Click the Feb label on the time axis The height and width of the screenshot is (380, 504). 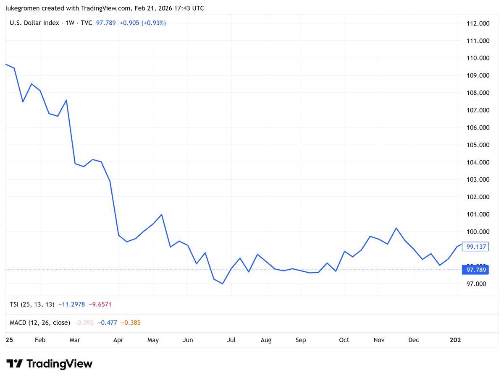40,340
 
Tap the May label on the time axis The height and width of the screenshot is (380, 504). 153,340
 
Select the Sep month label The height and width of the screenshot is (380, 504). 301,340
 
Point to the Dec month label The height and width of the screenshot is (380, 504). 414,340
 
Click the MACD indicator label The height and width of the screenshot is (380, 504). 40,323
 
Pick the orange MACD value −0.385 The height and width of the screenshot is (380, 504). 131,323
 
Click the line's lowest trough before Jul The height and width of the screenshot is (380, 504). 223,284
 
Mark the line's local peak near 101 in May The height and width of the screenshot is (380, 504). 162,214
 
